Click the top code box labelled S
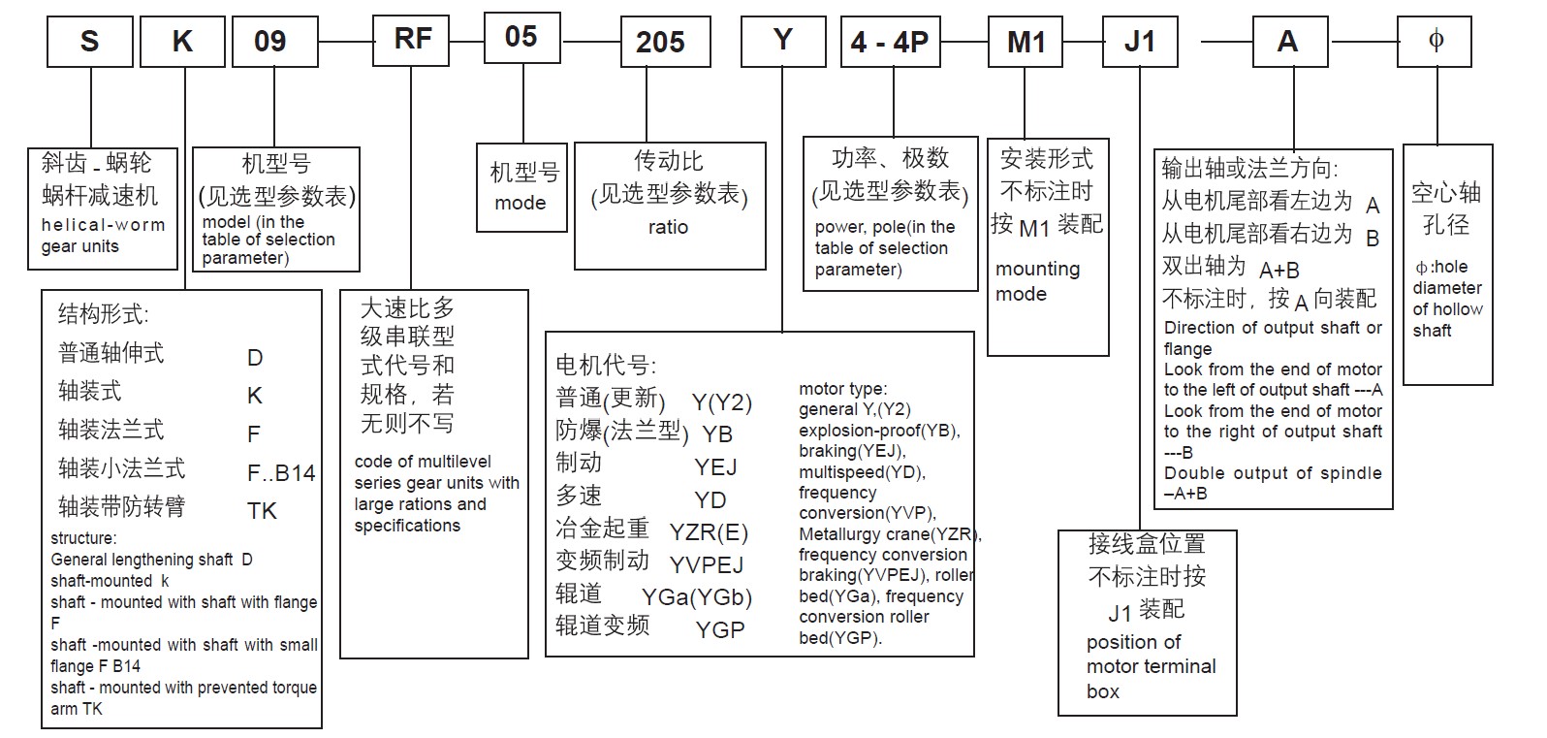89,42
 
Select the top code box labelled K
181,42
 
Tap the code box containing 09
269,42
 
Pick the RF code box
413,40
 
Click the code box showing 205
659,43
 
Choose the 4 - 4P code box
889,43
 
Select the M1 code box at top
1026,43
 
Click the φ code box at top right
1436,41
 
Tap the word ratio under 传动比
668,227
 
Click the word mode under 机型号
521,203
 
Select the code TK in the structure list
262,511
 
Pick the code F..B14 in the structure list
281,473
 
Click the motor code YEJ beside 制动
715,467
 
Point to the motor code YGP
720,630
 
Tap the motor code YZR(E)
709,532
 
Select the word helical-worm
104,225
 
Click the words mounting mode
1037,281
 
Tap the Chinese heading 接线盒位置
1147,544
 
